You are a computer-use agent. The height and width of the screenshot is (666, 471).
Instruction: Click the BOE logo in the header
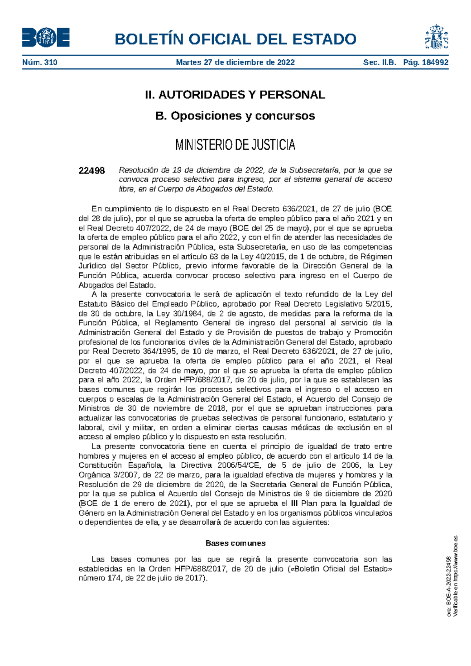point(46,38)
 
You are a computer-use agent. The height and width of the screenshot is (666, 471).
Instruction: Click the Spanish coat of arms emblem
point(436,37)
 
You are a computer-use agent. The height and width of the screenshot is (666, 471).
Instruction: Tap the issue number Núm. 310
point(40,62)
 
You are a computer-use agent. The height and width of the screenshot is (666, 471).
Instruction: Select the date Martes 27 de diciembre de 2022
point(235,62)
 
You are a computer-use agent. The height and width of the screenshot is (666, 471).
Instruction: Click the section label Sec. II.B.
point(380,62)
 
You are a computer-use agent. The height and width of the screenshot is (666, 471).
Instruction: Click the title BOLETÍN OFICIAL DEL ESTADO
point(235,39)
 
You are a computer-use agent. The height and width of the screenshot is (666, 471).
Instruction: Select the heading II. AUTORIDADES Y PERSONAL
point(235,95)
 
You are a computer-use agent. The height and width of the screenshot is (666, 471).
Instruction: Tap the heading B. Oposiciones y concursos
point(235,116)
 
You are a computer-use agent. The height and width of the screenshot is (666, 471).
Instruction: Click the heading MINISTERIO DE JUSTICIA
point(235,145)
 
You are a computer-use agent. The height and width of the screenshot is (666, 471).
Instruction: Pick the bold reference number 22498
point(92,170)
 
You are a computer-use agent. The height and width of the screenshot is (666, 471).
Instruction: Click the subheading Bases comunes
point(235,543)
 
